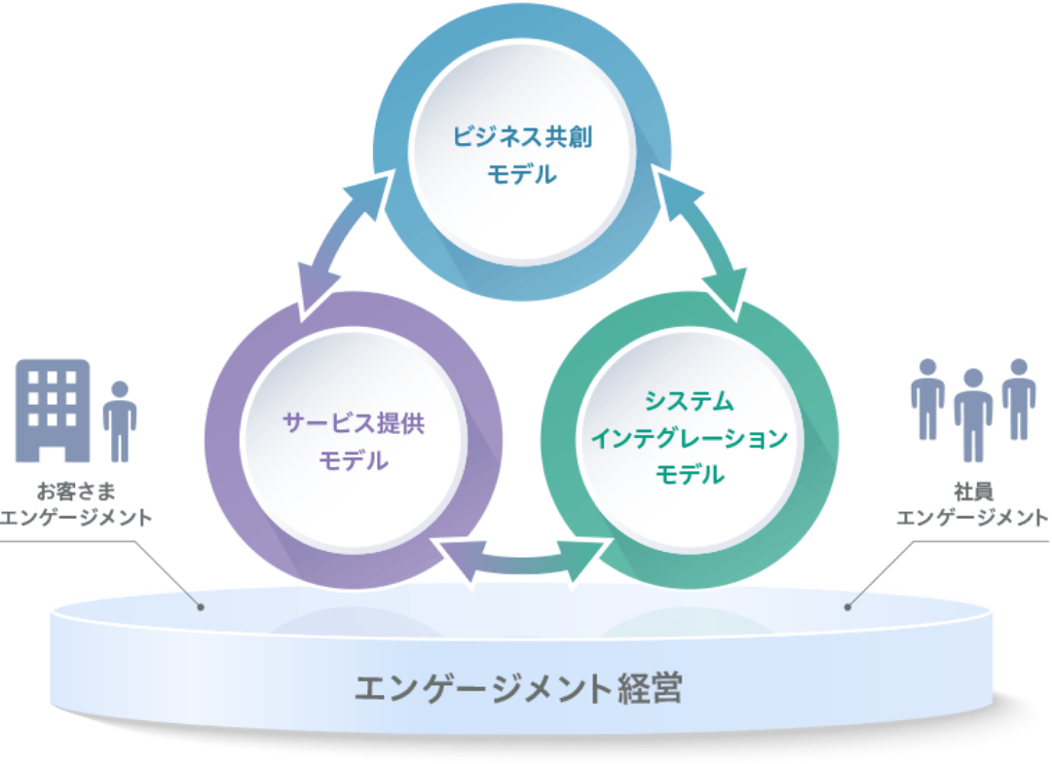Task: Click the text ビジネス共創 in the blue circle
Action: (x=522, y=136)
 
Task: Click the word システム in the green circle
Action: (x=690, y=402)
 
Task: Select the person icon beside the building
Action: (x=120, y=420)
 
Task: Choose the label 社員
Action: (x=972, y=491)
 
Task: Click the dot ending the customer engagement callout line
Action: (x=201, y=607)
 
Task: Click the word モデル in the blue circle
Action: (x=522, y=175)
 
